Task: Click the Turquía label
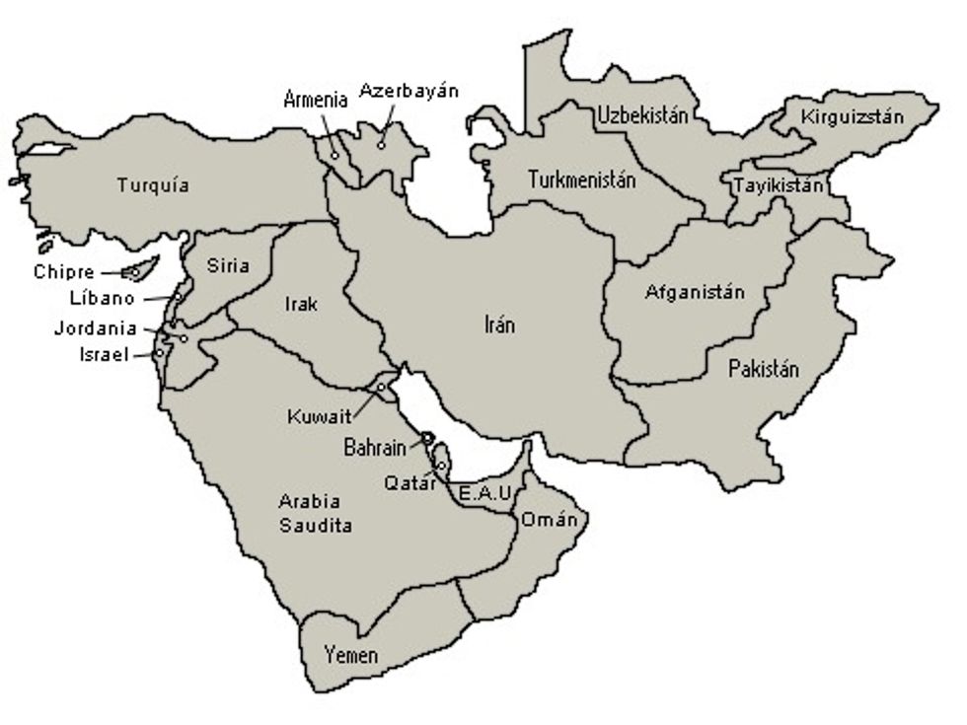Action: [x=153, y=184]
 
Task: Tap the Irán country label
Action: [x=500, y=325]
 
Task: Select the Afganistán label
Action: [x=695, y=292]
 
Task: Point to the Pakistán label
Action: [x=764, y=370]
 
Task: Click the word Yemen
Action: [x=351, y=655]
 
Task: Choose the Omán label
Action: [x=543, y=520]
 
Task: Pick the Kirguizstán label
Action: [x=852, y=117]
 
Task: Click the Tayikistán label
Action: [x=778, y=184]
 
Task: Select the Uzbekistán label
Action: [x=641, y=115]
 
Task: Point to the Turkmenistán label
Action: [x=581, y=181]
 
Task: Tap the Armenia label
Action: [x=316, y=99]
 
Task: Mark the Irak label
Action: [x=301, y=304]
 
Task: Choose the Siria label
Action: [x=228, y=265]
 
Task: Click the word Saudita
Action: [x=316, y=526]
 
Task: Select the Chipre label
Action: [x=64, y=272]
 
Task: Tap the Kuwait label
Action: [x=319, y=416]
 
